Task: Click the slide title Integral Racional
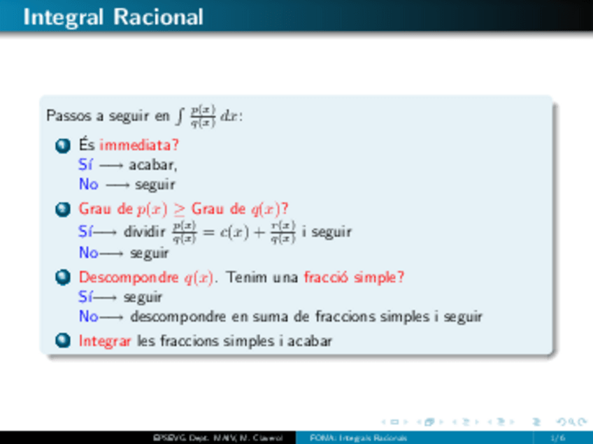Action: click(x=113, y=17)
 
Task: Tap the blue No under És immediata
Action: click(x=88, y=185)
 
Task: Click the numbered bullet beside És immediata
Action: click(x=62, y=145)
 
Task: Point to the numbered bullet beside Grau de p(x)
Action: click(x=62, y=208)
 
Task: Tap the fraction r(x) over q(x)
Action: click(x=287, y=231)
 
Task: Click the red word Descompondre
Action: click(x=129, y=277)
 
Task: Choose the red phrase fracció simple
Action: click(x=351, y=277)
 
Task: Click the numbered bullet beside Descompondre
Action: click(x=62, y=277)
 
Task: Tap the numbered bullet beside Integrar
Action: click(x=62, y=341)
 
